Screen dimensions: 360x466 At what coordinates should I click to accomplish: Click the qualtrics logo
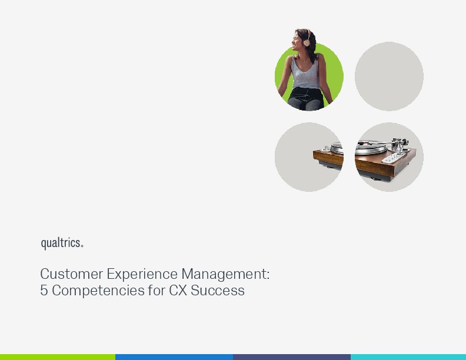coord(61,243)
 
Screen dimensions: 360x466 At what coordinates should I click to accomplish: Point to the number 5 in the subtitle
coord(44,291)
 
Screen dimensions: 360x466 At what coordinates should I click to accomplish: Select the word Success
coord(218,291)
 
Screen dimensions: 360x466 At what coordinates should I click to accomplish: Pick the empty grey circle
coord(389,76)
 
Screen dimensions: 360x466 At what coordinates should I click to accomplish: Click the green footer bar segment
coord(58,356)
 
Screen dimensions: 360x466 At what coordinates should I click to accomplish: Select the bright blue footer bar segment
coord(174,356)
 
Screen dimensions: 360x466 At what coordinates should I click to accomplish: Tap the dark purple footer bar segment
coord(292,356)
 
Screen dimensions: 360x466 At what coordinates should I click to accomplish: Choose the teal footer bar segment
coord(408,356)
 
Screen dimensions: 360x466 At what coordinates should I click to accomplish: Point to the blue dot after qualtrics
coord(82,246)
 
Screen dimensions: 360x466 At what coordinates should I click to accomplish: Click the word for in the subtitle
coord(157,291)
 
